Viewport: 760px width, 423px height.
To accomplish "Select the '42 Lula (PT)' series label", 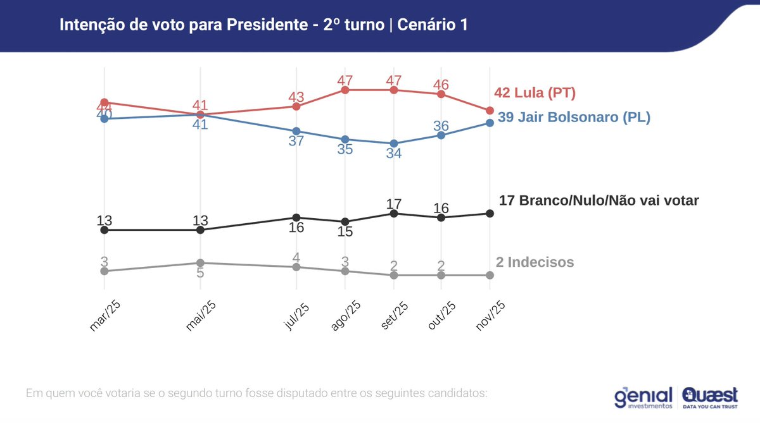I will pos(535,93).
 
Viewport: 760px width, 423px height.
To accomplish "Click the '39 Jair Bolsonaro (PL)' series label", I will pos(574,117).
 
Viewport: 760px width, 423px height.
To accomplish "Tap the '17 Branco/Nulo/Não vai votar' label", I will pos(598,200).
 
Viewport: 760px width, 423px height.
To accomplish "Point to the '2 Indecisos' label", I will pos(535,262).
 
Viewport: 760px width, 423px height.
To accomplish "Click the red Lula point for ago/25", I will pos(345,90).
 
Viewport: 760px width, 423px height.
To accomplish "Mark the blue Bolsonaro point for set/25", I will pos(394,144).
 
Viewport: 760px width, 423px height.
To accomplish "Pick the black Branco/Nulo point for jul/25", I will pos(296,218).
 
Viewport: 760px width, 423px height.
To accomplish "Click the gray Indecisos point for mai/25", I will pos(200,262).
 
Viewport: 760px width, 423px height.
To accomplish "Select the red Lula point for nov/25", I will pos(490,111).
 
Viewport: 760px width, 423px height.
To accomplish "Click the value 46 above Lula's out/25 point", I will pos(441,84).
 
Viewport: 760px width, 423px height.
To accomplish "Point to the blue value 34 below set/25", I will pos(394,154).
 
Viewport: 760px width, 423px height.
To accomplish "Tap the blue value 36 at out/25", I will pos(441,125).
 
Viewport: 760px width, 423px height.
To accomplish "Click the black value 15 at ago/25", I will pos(345,232).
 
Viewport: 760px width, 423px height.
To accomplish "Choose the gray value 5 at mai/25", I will pos(200,273).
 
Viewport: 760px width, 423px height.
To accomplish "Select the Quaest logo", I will pos(710,396).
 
